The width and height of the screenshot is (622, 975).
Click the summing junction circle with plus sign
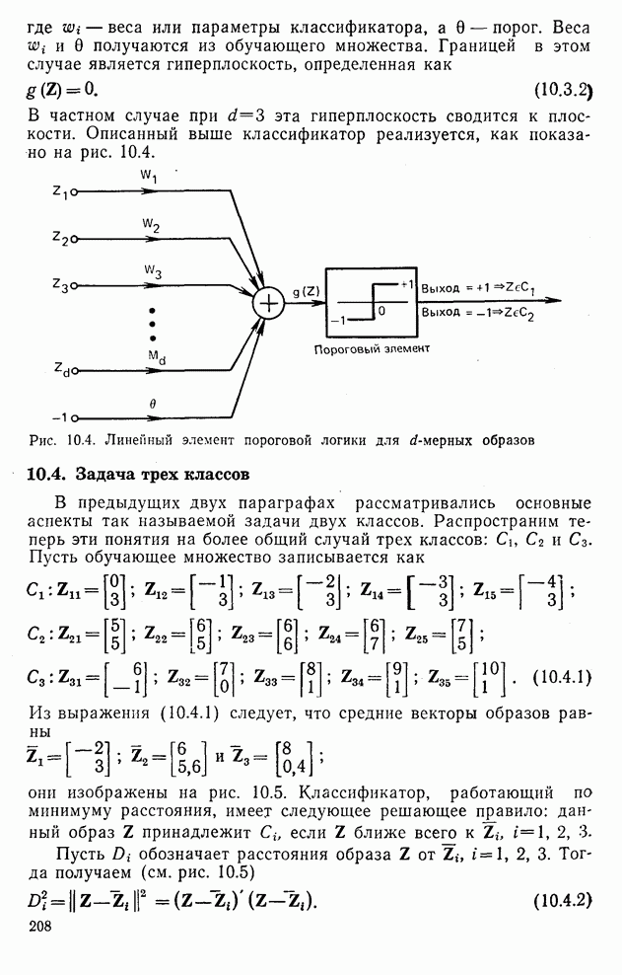(268, 303)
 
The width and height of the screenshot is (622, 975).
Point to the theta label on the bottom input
(152, 404)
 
